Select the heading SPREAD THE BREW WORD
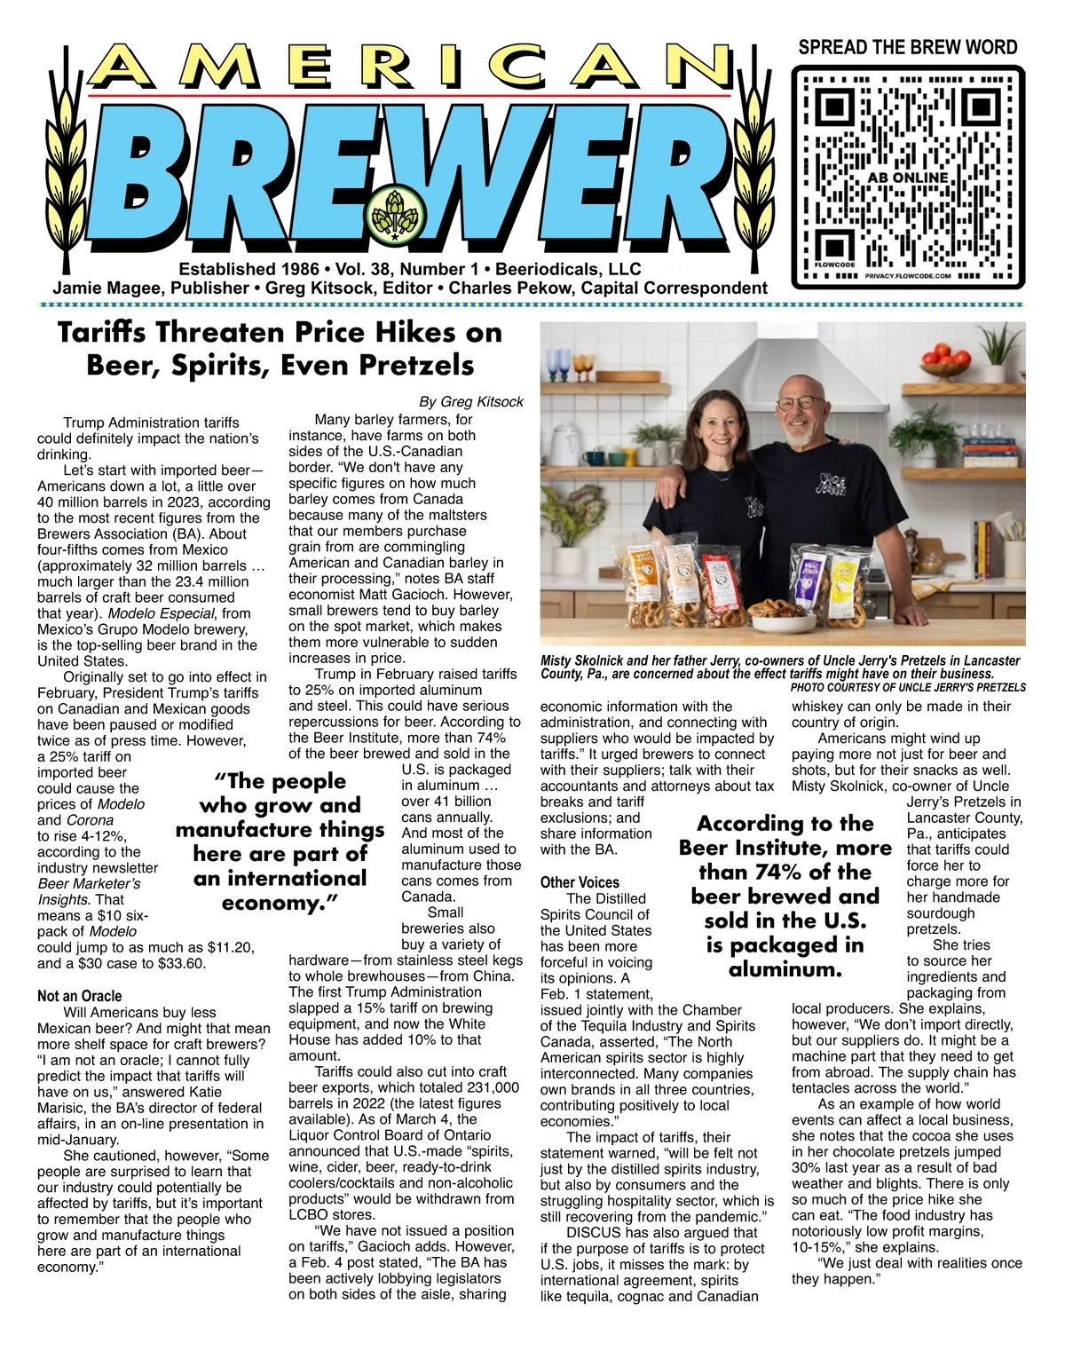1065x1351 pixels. (x=908, y=47)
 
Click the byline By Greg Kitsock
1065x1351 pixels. (x=471, y=401)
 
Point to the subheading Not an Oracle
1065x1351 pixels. (x=80, y=996)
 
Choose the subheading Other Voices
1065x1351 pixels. (x=580, y=882)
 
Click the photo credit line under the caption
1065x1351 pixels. (x=907, y=687)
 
